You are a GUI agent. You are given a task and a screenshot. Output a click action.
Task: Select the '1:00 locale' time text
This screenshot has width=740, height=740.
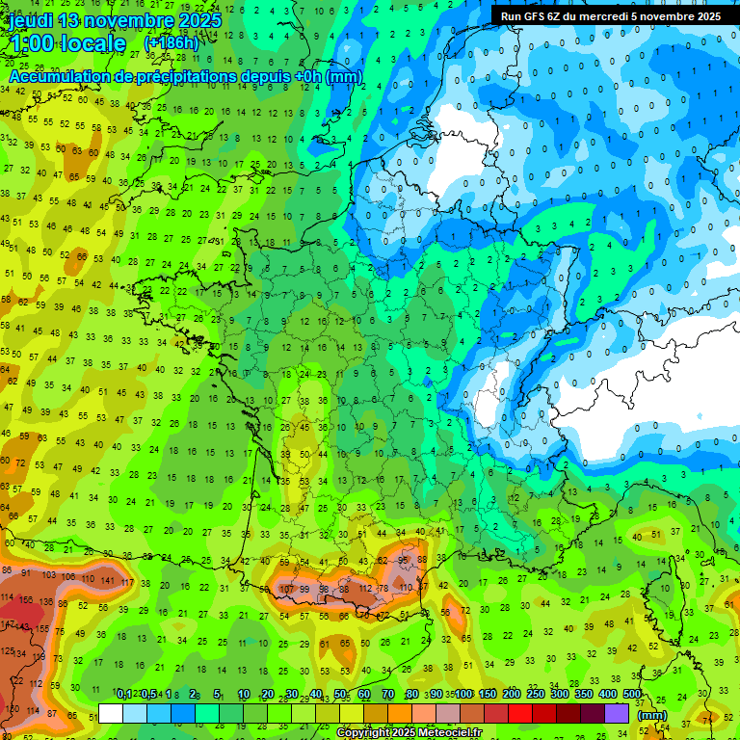point(67,43)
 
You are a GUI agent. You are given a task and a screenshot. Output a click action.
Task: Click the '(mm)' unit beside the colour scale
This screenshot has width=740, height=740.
point(651,714)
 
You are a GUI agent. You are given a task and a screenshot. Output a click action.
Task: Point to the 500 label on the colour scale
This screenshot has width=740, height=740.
point(631,694)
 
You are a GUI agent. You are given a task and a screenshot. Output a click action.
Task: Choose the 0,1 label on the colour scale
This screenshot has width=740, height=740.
point(124,694)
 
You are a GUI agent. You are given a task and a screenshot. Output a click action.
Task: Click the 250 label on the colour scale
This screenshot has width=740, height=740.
point(535,694)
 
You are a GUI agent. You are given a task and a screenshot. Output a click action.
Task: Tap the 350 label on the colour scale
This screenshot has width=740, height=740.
point(583,694)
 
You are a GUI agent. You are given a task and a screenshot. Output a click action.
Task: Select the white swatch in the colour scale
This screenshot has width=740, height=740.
point(111,714)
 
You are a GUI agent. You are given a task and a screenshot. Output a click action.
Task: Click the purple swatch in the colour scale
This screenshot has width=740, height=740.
point(616,714)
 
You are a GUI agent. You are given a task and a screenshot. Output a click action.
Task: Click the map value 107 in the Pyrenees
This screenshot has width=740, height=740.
point(286,589)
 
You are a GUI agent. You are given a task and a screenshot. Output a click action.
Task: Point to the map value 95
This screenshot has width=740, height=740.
point(403,560)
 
